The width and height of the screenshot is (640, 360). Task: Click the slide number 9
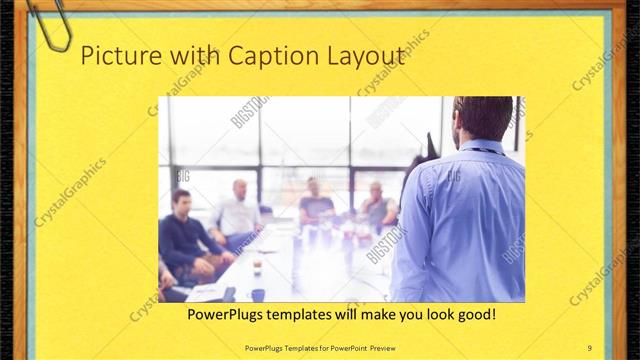(590, 346)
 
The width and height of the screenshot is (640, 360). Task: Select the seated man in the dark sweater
(183, 236)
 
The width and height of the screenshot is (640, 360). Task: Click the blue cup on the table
(258, 294)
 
